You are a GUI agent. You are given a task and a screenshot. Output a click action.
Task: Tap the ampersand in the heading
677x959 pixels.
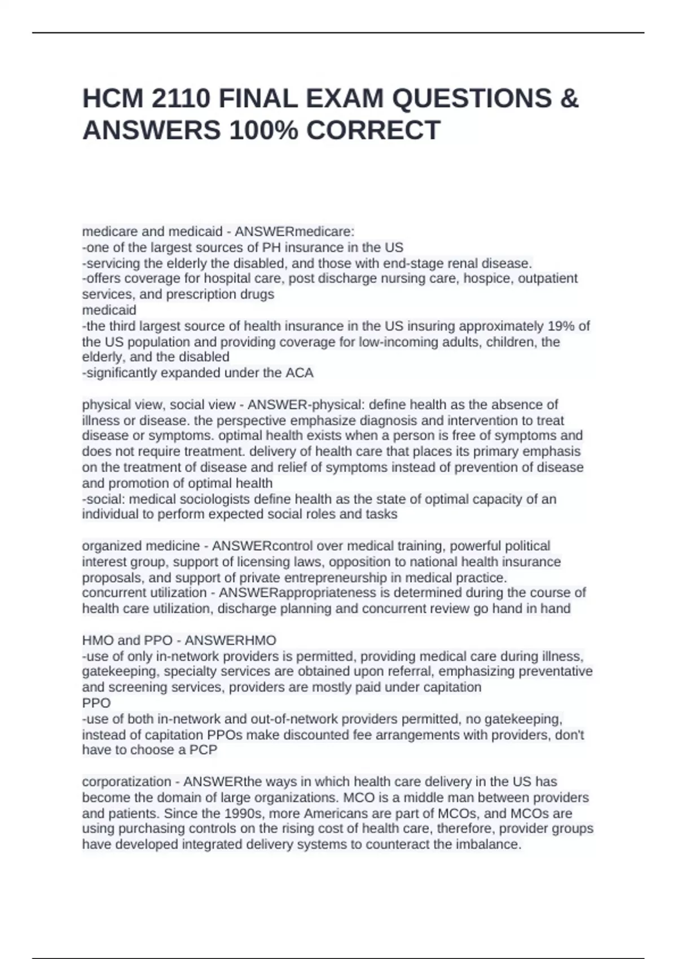(570, 99)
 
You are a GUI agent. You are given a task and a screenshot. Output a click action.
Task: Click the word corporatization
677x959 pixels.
(126, 782)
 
